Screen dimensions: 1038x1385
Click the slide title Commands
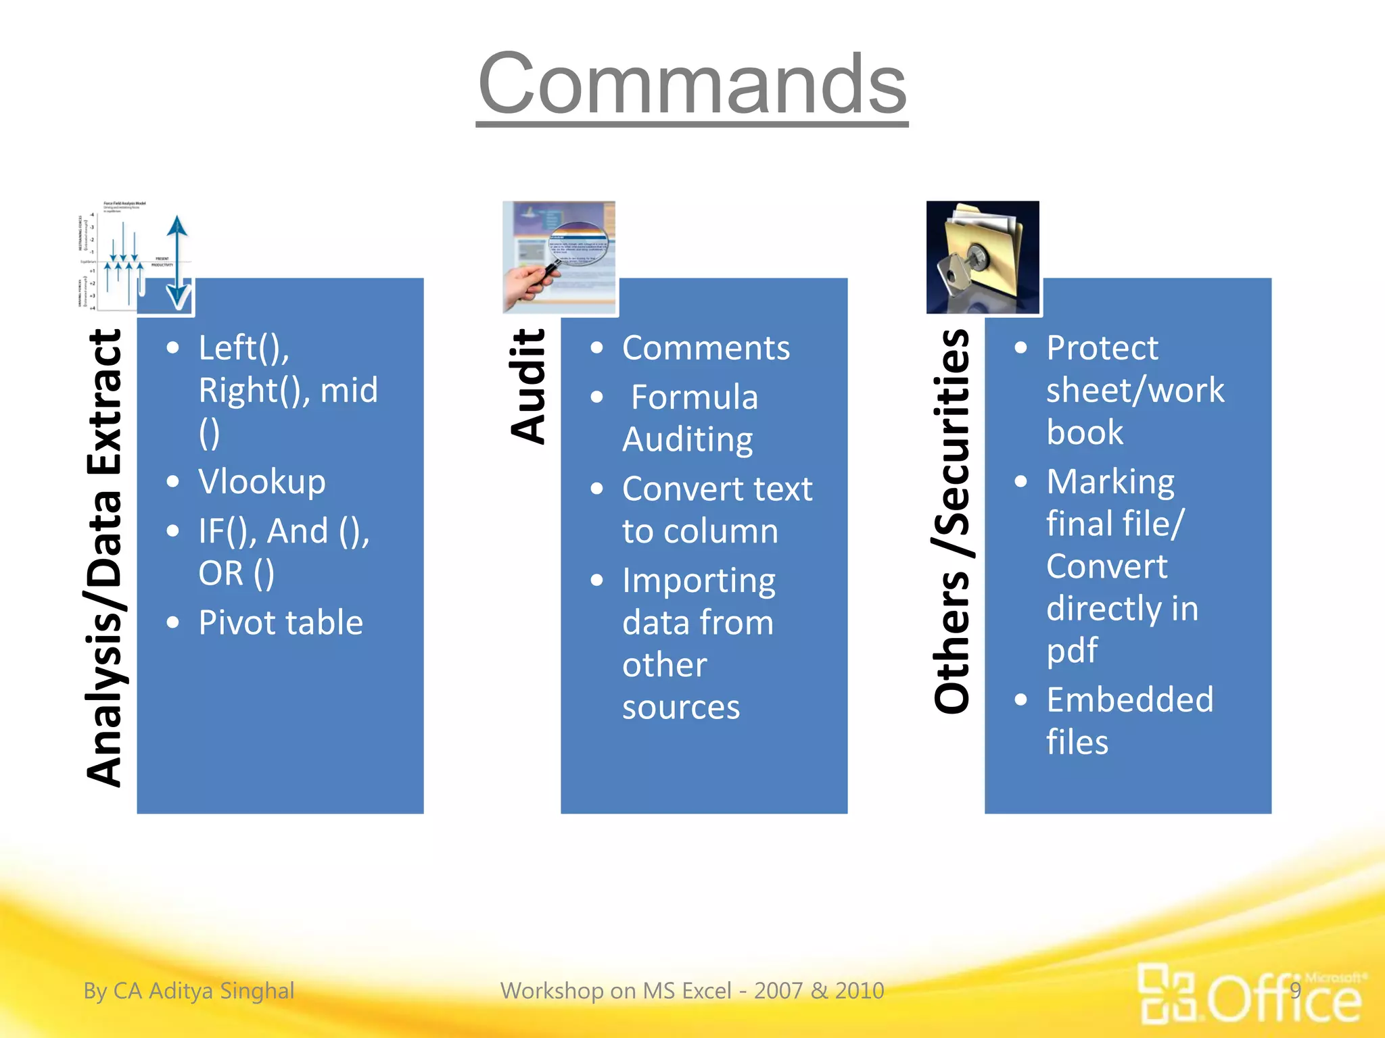pos(692,84)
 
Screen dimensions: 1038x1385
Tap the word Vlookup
pos(262,482)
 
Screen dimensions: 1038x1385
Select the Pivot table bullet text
pos(281,622)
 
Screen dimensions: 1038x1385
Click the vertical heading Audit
pos(528,386)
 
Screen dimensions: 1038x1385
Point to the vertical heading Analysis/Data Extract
pos(105,558)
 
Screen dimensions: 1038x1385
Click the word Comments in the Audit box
pos(705,349)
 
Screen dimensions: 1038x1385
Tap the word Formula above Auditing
pos(695,397)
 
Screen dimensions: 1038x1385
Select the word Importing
pos(699,581)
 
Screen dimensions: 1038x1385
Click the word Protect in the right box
pos(1102,349)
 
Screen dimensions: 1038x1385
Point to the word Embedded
pos(1129,700)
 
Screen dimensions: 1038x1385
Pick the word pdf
pos(1072,651)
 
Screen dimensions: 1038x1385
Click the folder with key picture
pos(982,257)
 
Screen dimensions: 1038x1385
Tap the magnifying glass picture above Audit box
pos(559,257)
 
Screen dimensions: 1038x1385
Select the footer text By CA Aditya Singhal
pos(189,991)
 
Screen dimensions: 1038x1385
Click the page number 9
pos(1295,991)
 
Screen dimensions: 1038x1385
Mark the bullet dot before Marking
pos(1020,482)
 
